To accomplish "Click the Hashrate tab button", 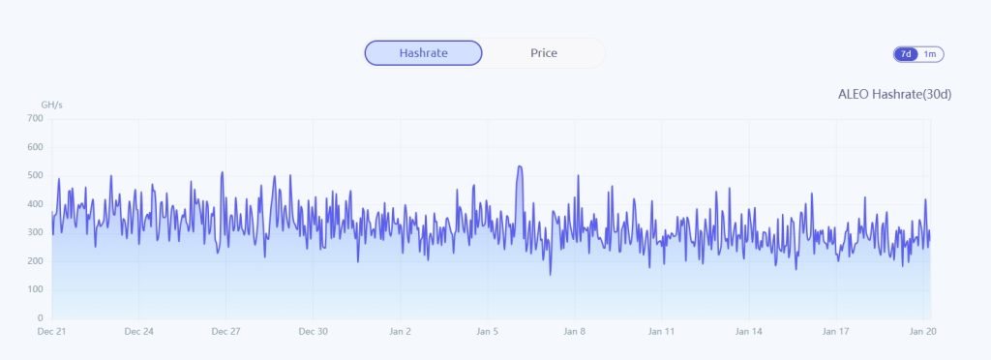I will click(423, 53).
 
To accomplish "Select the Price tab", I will click(544, 53).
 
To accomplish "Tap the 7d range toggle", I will click(906, 54).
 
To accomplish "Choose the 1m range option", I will click(930, 54).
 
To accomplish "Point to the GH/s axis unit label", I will click(51, 104).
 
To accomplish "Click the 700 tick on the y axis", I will click(35, 118).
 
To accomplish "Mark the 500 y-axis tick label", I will click(35, 175).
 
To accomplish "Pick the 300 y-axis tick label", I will click(35, 232).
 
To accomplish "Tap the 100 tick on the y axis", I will click(35, 289).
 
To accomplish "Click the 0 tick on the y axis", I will click(40, 317).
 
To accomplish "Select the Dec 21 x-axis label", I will click(52, 331).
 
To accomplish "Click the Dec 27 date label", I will click(225, 331).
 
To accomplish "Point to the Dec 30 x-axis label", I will click(313, 331).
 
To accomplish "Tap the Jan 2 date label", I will click(400, 331).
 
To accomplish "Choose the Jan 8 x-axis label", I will click(574, 331).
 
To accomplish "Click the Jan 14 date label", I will click(748, 331).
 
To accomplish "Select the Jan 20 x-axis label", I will click(923, 331).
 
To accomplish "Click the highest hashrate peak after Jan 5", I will click(520, 167).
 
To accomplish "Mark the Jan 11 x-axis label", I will click(661, 331).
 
